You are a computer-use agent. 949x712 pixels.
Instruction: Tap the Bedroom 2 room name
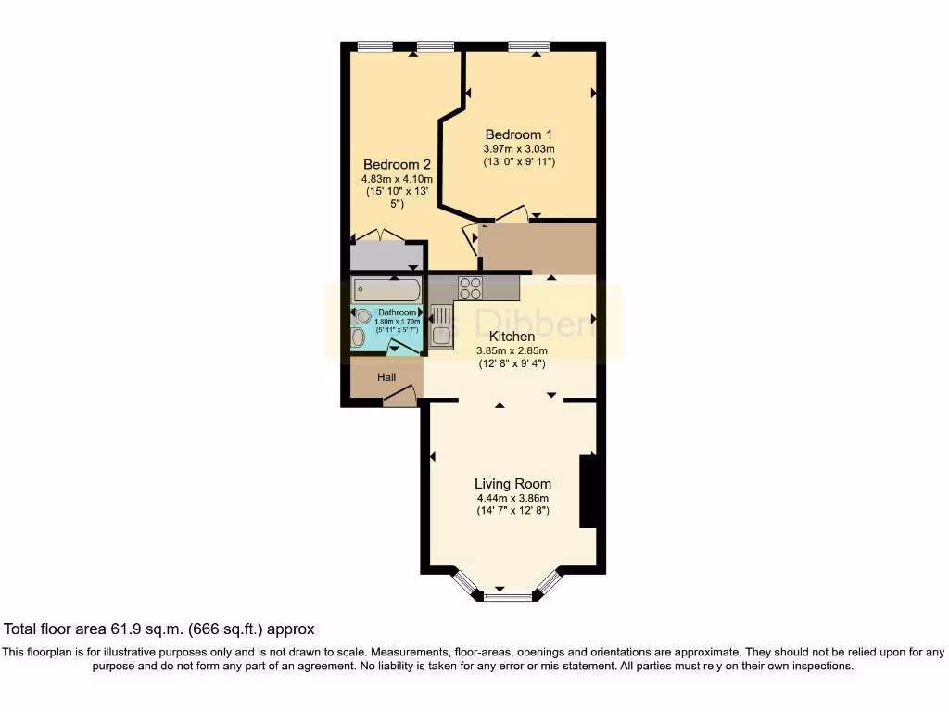click(x=397, y=164)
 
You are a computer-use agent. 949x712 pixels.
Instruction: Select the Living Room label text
click(x=512, y=484)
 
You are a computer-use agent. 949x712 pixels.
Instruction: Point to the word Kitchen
click(x=512, y=337)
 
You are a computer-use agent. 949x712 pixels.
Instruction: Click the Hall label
click(x=386, y=377)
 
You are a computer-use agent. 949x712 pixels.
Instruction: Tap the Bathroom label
click(x=397, y=312)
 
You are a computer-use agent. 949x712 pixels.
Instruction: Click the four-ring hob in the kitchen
click(x=470, y=288)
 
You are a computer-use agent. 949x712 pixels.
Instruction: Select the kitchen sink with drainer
click(x=441, y=325)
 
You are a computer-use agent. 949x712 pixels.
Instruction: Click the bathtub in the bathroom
click(x=386, y=291)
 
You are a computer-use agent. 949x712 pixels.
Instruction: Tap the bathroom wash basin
click(x=359, y=337)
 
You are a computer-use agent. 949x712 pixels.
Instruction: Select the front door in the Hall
click(x=399, y=397)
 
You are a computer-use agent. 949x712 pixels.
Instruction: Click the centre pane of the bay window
click(x=509, y=596)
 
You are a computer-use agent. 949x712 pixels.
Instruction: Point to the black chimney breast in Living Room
click(x=587, y=491)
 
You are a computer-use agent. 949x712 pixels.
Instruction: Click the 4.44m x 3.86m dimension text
click(x=512, y=499)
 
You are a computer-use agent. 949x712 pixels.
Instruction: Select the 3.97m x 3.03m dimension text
click(x=519, y=149)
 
